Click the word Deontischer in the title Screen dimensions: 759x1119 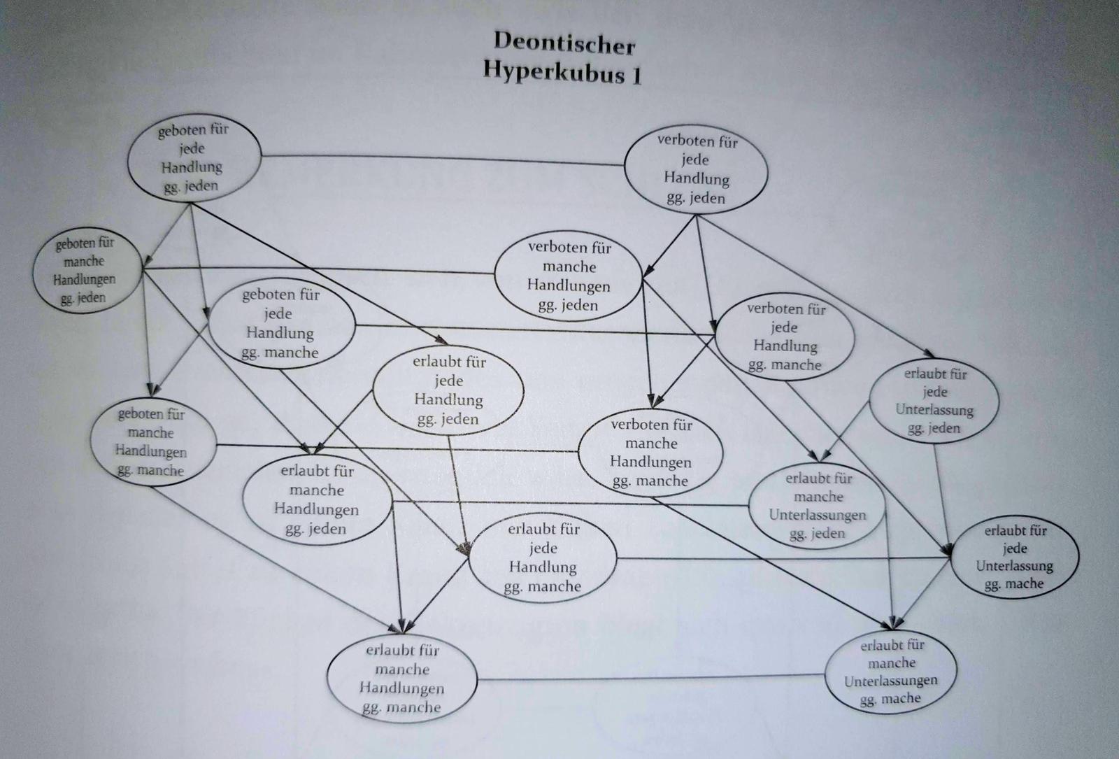564,43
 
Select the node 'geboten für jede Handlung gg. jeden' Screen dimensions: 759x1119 193,159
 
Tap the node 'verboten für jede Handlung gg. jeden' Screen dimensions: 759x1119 696,170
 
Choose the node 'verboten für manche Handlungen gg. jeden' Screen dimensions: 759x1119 569,276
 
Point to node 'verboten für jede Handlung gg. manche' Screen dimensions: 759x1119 785,336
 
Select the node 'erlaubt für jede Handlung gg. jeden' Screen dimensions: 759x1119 448,390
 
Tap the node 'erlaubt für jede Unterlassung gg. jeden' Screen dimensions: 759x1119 934,401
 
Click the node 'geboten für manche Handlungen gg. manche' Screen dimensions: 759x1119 151,442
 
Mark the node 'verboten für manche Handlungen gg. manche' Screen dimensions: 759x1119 651,453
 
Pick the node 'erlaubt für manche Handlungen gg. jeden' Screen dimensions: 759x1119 317,499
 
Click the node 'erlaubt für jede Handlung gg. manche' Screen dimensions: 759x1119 543,558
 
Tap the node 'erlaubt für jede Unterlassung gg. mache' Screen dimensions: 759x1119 1014,558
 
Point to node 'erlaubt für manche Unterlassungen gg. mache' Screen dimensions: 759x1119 891,671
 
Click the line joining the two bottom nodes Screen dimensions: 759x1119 650,677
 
